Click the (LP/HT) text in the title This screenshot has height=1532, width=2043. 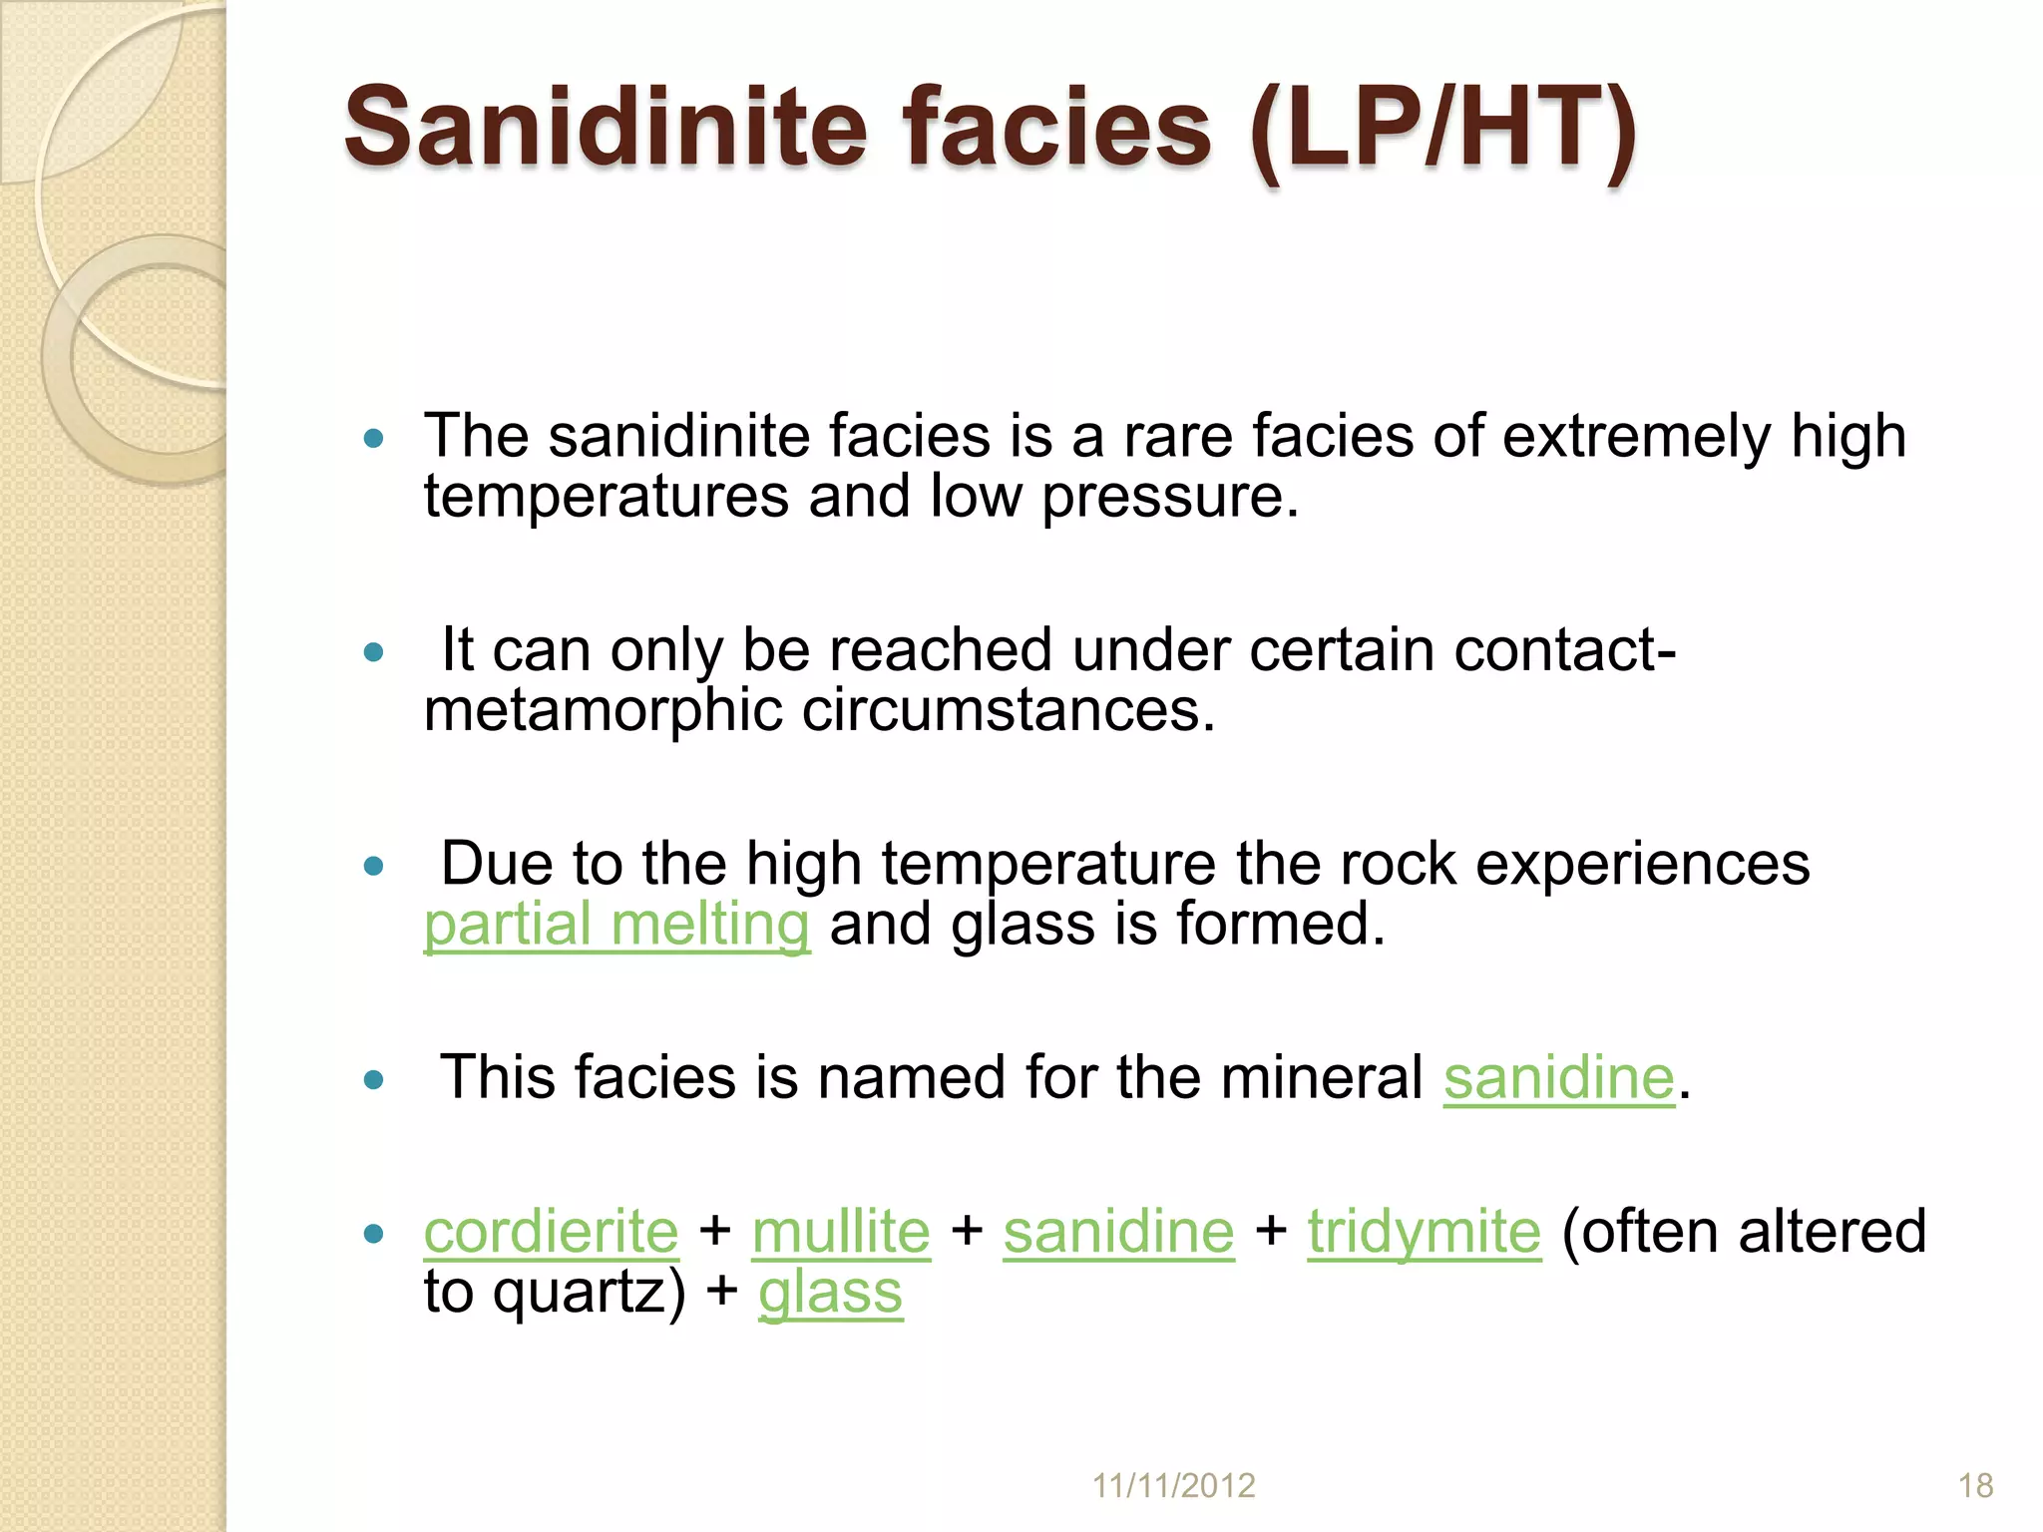tap(1441, 130)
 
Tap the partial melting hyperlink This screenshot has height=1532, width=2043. tap(616, 925)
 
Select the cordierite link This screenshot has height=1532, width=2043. tap(551, 1232)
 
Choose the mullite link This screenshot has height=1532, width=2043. tap(841, 1232)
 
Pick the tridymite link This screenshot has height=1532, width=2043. tap(1424, 1232)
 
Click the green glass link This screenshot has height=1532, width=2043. tap(830, 1293)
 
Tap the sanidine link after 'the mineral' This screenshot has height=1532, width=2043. tap(1558, 1078)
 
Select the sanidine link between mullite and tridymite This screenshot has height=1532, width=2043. tap(1118, 1232)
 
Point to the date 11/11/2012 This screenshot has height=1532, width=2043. tap(1173, 1485)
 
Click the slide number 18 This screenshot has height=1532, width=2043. tap(1975, 1485)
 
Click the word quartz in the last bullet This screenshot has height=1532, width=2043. tap(579, 1294)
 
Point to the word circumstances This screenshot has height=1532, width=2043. tap(1008, 710)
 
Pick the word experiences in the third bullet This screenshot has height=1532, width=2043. tap(1642, 864)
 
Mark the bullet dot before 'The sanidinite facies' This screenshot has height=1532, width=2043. tap(374, 438)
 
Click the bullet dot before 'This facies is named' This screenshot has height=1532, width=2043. tap(374, 1079)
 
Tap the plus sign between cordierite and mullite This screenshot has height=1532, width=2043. tap(715, 1232)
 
